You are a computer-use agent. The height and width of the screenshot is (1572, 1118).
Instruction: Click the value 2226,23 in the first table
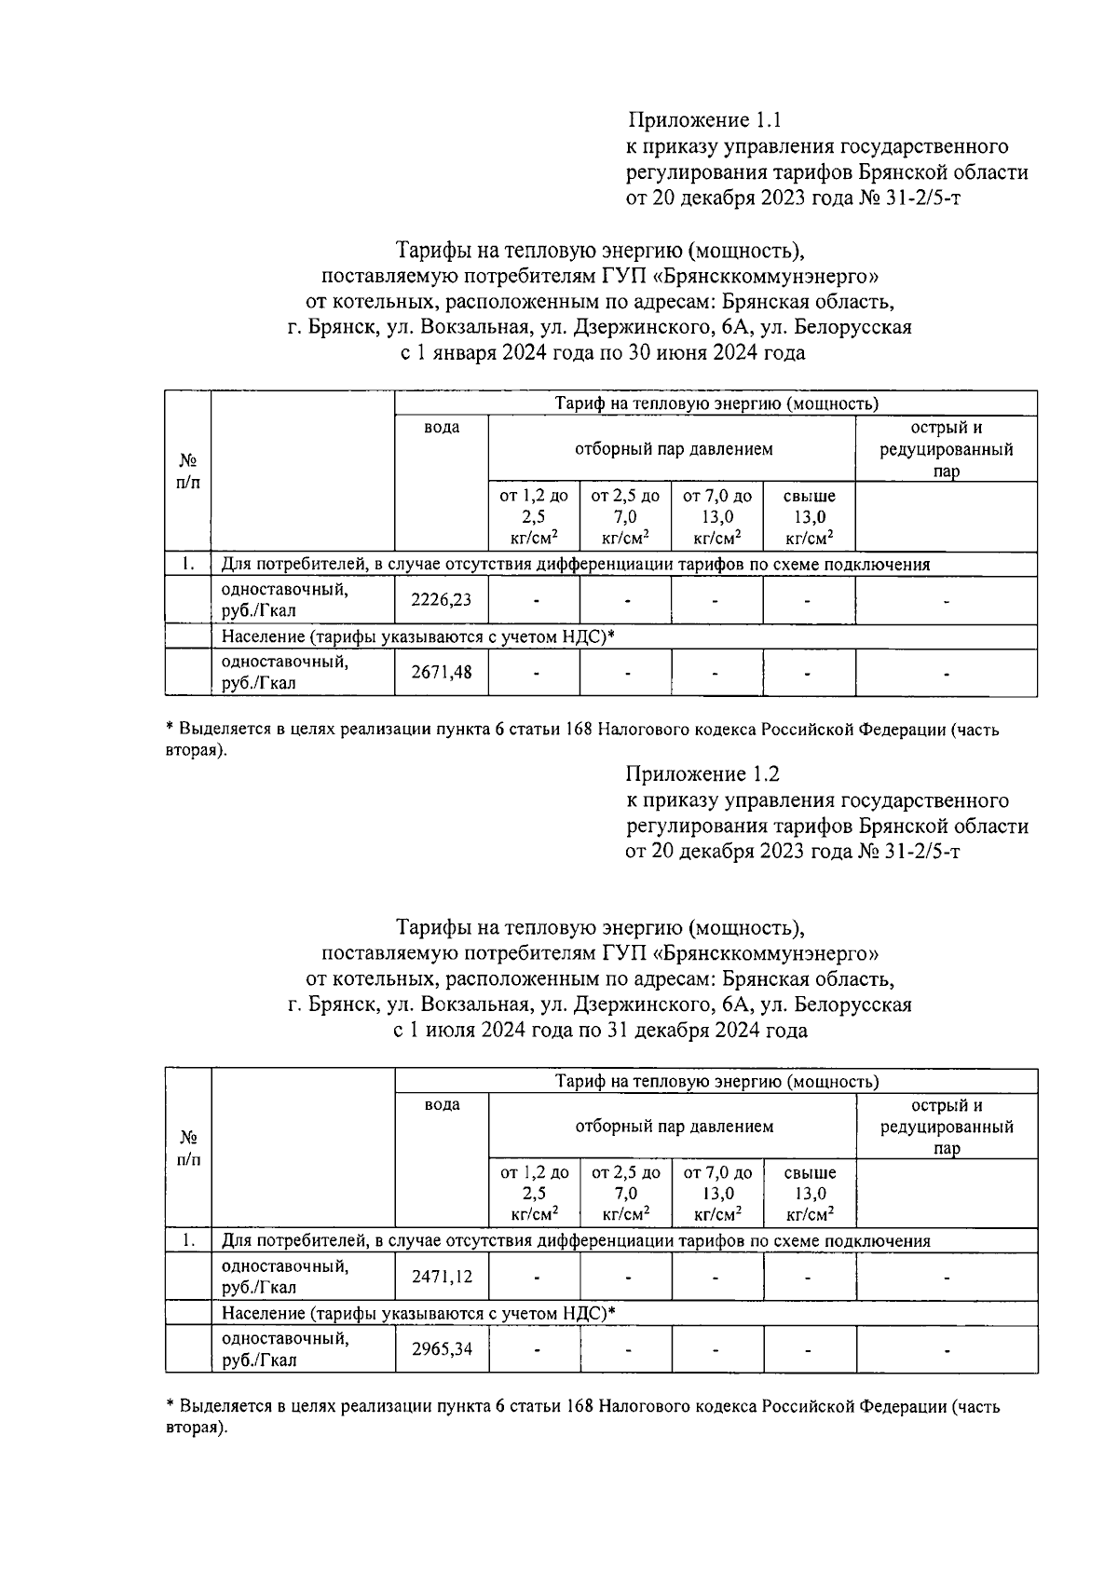coord(441,601)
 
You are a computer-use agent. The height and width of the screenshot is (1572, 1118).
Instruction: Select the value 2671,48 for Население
coord(441,672)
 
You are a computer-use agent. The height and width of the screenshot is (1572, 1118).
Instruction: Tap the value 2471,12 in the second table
coord(442,1277)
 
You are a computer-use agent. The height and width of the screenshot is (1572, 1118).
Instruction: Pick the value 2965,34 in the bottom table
coord(442,1348)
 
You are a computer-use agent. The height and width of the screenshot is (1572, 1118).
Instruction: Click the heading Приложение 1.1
coord(703,120)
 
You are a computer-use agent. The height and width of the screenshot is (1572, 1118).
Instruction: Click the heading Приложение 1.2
coord(703,774)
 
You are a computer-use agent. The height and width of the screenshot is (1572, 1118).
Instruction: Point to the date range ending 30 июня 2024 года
coord(602,353)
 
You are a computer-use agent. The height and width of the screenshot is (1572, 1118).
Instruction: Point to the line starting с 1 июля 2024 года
coord(602,1031)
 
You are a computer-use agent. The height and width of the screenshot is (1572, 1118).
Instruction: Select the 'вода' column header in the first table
coord(442,428)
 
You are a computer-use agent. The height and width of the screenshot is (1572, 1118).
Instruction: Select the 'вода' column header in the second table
coord(442,1105)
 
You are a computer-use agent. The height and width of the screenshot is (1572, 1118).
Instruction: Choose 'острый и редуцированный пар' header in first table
coord(947,449)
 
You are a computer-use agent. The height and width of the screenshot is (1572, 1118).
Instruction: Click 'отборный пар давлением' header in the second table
coord(674,1127)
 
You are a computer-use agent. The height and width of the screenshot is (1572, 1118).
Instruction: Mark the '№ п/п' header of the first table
coord(188,472)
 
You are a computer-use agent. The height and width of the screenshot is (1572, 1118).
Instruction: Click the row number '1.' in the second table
coord(189,1240)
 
